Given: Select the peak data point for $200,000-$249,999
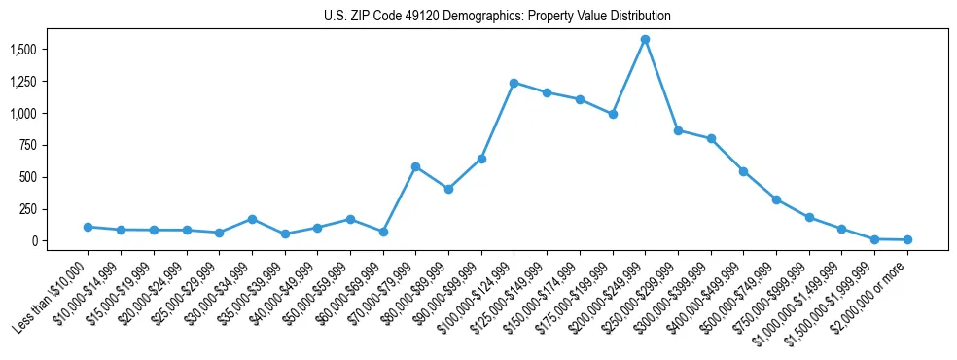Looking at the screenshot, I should coord(645,40).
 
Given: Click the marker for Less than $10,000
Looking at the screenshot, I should coord(89,227).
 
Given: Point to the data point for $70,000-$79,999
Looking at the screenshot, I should coord(415,166).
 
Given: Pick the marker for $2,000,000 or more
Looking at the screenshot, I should coord(907,239).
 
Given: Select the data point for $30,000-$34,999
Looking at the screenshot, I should coord(252,219).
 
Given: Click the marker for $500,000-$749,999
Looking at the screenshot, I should coord(776,199).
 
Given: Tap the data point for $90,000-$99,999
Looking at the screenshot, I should coord(481,159).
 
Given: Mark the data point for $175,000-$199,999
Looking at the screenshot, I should coord(613,114).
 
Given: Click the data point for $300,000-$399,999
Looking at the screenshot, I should coord(711,138).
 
